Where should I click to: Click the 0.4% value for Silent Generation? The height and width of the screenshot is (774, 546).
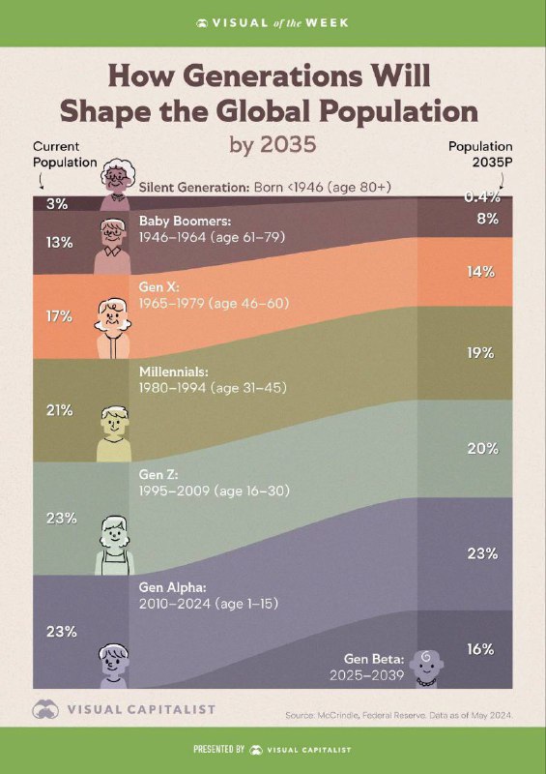coord(482,197)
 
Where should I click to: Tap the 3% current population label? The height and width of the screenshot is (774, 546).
coord(57,204)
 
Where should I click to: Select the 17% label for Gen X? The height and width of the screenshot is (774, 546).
coord(60,316)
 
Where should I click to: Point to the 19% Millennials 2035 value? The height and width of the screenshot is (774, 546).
coord(481,353)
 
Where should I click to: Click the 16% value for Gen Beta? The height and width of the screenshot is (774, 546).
coord(481,649)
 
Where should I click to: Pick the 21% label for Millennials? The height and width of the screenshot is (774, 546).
coord(60,410)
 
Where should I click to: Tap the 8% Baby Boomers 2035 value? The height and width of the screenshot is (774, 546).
coord(487,220)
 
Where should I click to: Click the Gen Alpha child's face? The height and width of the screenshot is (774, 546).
coord(113,660)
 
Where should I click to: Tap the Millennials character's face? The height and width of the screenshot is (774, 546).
coord(114,421)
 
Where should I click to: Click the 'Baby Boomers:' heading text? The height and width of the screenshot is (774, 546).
coord(185,221)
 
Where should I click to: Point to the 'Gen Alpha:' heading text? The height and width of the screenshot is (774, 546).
coord(172,587)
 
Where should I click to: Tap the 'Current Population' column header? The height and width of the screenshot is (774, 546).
coord(65,155)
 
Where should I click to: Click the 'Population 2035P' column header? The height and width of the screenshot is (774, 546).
coord(480,155)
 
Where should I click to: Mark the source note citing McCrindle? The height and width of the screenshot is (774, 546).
coord(399,715)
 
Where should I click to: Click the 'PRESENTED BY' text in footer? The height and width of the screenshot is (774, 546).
coord(219,749)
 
